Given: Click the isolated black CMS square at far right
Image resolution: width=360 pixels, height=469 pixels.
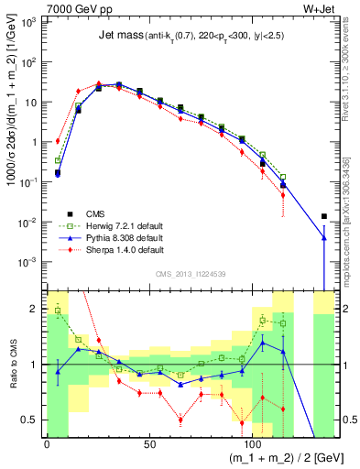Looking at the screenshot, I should click(324, 217).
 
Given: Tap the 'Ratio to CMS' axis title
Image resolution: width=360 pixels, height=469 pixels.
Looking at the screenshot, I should click(11, 365).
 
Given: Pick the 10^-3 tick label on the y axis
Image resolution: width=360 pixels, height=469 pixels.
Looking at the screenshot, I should click(28, 262).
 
